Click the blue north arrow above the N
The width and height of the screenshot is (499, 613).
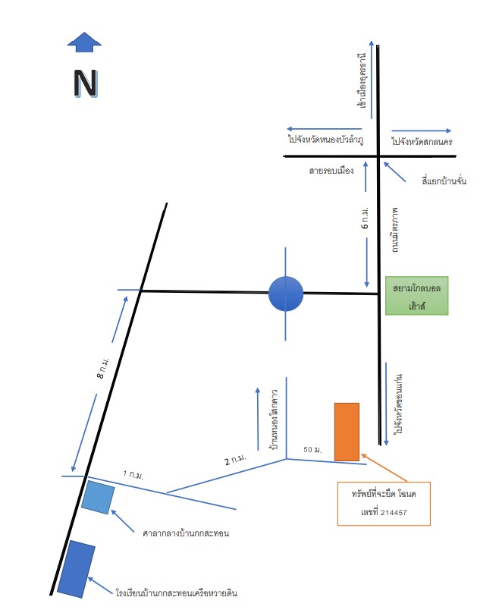tap(84, 42)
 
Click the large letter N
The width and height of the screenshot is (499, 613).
tap(86, 83)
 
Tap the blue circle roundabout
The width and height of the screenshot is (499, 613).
tap(286, 294)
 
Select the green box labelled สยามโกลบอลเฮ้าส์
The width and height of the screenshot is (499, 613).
tap(416, 296)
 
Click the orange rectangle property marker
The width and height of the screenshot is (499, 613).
tap(347, 432)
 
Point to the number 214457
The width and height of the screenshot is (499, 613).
tap(394, 512)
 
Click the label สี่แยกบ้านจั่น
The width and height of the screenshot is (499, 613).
tap(444, 181)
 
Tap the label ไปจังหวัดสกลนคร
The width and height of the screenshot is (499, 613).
tap(422, 141)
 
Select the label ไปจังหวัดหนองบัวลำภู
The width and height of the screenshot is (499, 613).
tap(326, 140)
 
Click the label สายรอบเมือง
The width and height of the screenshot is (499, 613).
tap(331, 171)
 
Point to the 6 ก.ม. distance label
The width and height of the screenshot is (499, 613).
tap(365, 218)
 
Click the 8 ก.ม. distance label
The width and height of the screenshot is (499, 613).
tap(103, 368)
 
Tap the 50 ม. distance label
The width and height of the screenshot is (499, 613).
tap(312, 450)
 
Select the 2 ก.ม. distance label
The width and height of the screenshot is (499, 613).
tap(235, 459)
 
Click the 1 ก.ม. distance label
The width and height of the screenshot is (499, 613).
tap(133, 475)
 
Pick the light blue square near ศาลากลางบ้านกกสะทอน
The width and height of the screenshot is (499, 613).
tap(98, 497)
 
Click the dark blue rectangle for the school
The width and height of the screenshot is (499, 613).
tap(76, 569)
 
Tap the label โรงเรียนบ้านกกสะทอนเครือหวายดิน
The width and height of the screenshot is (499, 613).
tap(176, 593)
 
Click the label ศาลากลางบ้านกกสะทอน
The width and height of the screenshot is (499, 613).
tap(186, 533)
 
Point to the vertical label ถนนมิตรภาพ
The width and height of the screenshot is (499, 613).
tap(395, 231)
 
